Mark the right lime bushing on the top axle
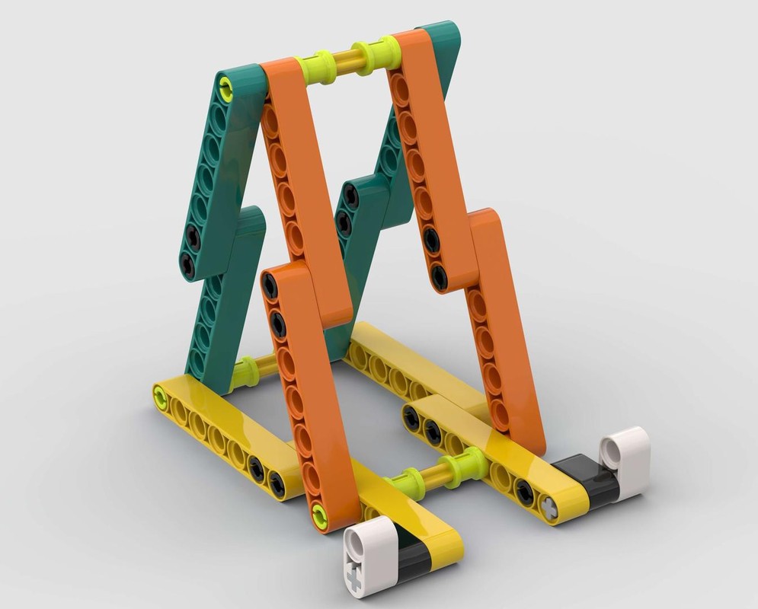point(375,54)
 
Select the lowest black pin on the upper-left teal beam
point(187,265)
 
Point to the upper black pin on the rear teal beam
point(350,196)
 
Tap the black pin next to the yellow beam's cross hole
point(524,494)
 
